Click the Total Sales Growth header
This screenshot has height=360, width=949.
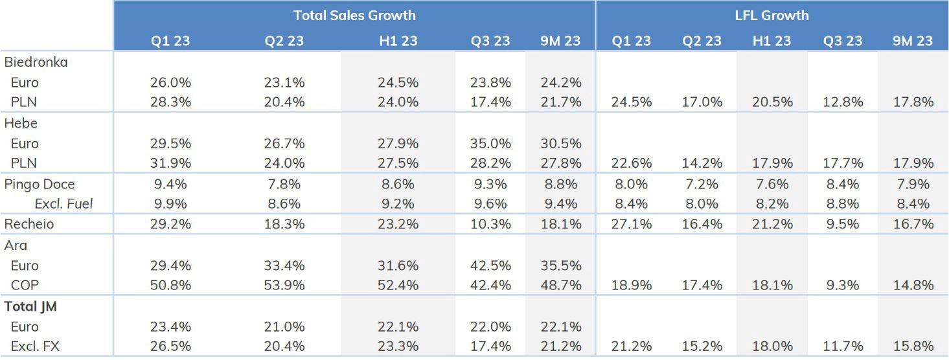tap(354, 15)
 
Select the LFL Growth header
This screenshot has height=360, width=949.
tap(772, 15)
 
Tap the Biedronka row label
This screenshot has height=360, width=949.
tap(36, 63)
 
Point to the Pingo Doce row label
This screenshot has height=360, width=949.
tap(40, 184)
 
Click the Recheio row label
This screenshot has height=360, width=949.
tap(29, 224)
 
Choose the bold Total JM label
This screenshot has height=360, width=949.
tap(30, 306)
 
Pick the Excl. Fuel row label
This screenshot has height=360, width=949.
tap(63, 204)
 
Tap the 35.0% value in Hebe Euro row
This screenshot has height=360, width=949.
tap(491, 143)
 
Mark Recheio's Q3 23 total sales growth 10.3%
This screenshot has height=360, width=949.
tap(491, 224)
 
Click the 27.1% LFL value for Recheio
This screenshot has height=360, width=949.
tap(632, 224)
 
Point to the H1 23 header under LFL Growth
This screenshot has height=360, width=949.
tap(772, 40)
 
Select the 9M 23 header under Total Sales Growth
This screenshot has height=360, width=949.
tap(560, 40)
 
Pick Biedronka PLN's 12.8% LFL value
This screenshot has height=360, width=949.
tap(843, 102)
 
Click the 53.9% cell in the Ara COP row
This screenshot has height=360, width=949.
tap(284, 286)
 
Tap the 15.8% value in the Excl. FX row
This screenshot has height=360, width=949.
tap(913, 346)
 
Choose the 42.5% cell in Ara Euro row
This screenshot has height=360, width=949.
tap(491, 265)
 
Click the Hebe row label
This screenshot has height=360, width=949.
tap(21, 123)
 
